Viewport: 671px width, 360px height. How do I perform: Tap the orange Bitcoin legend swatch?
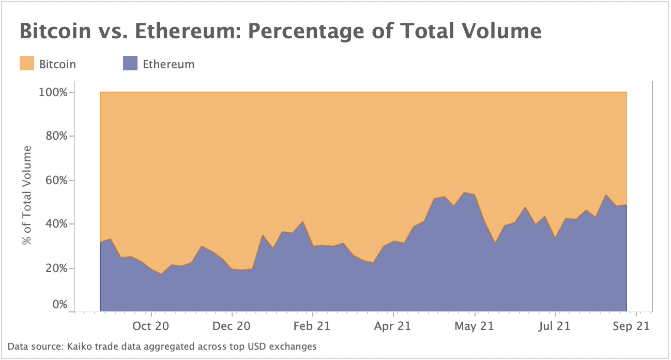(x=27, y=64)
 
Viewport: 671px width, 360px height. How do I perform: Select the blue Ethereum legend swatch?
(x=130, y=64)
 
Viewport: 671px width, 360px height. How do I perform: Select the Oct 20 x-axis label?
(x=151, y=326)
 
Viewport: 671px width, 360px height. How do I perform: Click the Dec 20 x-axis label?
(x=233, y=326)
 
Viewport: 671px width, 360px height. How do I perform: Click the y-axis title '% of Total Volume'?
(x=26, y=196)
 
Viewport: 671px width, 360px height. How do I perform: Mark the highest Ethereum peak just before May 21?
(x=465, y=192)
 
